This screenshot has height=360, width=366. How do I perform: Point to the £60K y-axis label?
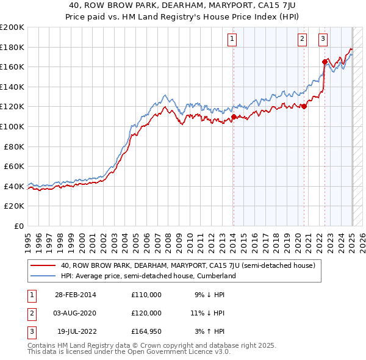(x=15, y=166)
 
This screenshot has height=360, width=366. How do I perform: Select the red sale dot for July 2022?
(x=325, y=62)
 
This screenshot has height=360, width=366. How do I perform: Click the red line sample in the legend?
(x=44, y=265)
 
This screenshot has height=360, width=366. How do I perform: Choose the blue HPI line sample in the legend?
(x=44, y=276)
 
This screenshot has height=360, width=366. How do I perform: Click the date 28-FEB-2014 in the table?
(x=76, y=295)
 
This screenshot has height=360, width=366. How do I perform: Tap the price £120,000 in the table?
(x=146, y=313)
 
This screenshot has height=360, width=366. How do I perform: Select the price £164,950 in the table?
(x=146, y=332)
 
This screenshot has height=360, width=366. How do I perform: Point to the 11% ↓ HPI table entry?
(x=207, y=313)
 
